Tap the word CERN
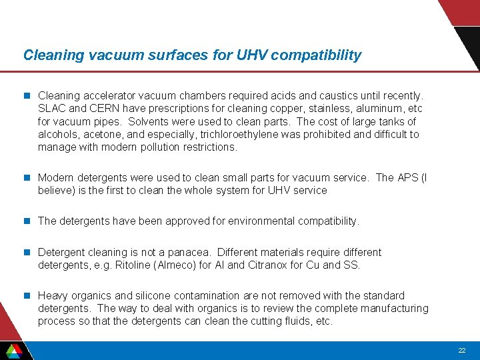click(104, 109)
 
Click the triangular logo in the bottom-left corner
click(13, 350)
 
